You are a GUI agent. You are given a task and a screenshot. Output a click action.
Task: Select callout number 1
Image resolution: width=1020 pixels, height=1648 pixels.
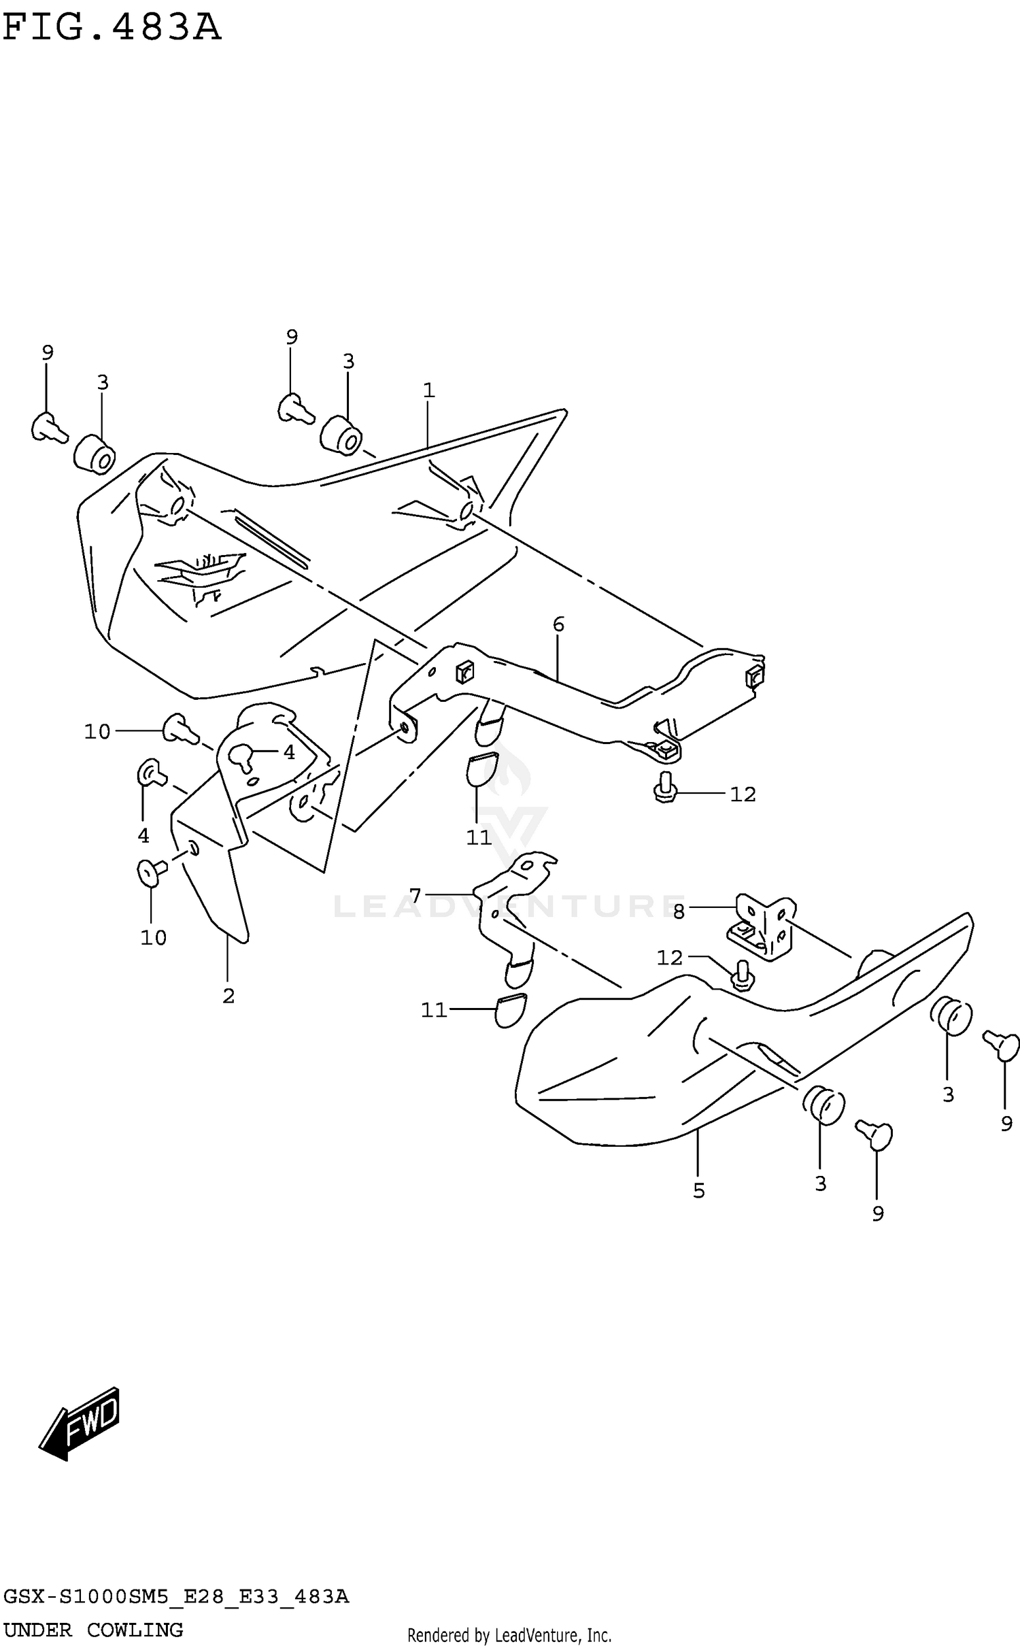coord(428,390)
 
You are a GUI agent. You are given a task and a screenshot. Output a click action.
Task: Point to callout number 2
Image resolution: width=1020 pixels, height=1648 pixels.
coord(228,996)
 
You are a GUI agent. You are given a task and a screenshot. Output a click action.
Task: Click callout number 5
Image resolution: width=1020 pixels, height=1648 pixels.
coord(699,1190)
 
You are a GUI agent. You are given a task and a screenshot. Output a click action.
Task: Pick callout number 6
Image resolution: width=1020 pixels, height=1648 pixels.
coord(558,624)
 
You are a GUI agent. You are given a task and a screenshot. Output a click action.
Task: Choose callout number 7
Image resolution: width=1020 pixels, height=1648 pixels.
coord(415,894)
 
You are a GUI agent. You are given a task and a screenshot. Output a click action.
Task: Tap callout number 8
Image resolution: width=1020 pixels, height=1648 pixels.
coord(679,912)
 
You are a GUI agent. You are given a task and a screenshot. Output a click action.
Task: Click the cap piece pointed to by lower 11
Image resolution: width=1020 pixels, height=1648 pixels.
coord(509,1011)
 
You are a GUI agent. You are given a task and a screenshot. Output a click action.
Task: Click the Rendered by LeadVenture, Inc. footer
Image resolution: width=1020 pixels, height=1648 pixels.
coord(509,1634)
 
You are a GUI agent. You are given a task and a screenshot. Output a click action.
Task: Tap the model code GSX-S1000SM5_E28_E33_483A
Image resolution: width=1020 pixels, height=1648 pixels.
coord(175,1596)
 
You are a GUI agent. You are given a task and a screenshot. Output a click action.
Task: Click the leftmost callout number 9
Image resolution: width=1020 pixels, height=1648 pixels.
coord(47,352)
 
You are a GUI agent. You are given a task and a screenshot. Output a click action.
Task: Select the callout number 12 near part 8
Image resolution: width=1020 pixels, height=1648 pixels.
coord(669,958)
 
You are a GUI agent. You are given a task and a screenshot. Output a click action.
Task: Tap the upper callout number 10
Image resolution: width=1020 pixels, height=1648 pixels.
coord(97,732)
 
